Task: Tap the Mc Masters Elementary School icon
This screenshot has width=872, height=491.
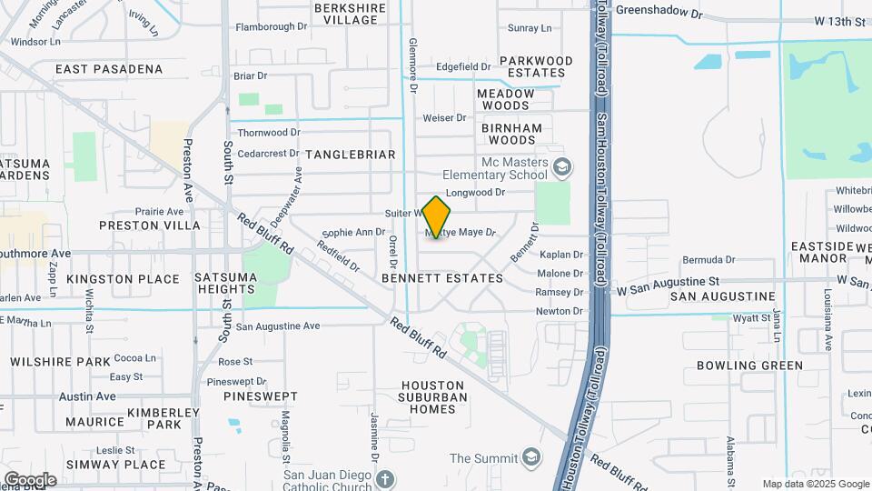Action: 562,166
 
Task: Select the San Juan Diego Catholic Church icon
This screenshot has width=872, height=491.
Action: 385,478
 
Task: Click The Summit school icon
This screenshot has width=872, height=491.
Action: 531,457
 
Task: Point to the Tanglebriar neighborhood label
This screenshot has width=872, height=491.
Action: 351,155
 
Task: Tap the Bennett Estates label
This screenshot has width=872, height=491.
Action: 442,277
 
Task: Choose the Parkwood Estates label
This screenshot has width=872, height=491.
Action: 537,66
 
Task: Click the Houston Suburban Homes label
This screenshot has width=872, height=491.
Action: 434,397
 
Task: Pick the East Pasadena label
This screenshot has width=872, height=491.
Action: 109,69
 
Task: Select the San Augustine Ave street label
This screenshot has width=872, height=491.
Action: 278,326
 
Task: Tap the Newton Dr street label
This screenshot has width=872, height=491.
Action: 560,311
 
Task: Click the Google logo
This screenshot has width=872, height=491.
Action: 30,479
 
